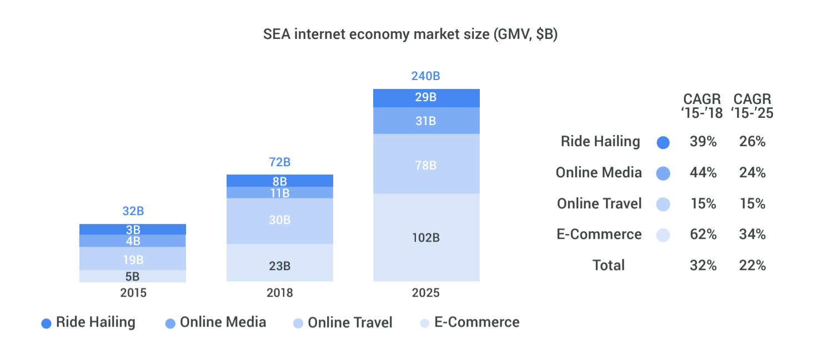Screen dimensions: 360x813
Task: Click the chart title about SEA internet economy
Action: (x=410, y=34)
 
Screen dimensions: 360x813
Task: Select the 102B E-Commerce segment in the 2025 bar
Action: (x=426, y=237)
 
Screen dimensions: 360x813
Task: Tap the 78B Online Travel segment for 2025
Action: (x=426, y=165)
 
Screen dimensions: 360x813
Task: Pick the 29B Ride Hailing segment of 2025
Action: (x=426, y=98)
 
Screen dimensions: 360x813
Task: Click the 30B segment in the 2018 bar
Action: (x=279, y=221)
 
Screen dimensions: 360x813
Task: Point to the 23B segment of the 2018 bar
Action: (x=279, y=266)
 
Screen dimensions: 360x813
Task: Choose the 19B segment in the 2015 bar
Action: (x=133, y=259)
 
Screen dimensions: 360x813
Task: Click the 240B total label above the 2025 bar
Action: (x=425, y=76)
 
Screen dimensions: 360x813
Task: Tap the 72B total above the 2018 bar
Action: (x=279, y=162)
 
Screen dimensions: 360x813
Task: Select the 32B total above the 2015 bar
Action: (x=133, y=211)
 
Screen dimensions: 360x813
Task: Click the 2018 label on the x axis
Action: (x=279, y=293)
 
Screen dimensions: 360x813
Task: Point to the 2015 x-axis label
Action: (x=133, y=293)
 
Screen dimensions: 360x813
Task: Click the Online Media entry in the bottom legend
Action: (x=216, y=323)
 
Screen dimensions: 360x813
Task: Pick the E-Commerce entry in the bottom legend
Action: (x=470, y=323)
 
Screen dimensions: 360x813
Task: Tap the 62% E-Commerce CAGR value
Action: (x=704, y=234)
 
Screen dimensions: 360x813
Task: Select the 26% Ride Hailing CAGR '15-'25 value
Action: (x=752, y=142)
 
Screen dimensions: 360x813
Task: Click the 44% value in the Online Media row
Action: (x=704, y=173)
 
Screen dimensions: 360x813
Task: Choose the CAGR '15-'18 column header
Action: (x=702, y=106)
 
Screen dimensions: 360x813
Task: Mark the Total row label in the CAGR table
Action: (x=609, y=266)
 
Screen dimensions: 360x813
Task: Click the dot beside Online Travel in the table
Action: (x=663, y=204)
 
